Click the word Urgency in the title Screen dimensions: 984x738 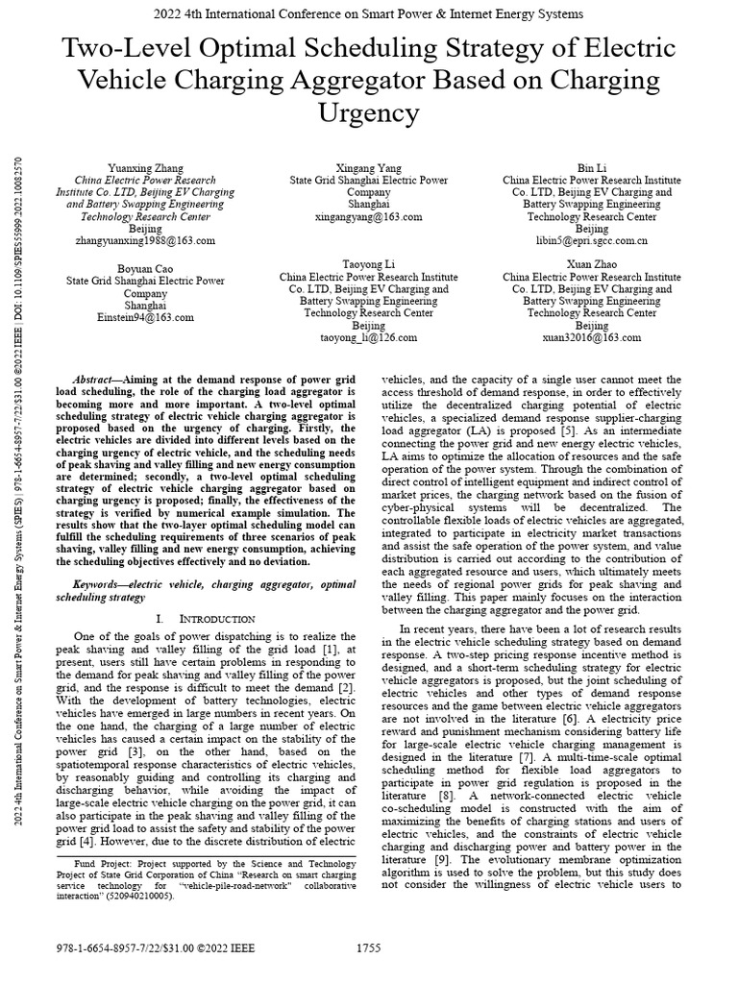click(368, 113)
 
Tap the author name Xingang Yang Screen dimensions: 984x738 click(369, 166)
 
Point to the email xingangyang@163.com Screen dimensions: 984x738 click(369, 217)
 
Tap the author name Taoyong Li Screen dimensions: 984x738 click(369, 263)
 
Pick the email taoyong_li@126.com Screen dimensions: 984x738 click(369, 338)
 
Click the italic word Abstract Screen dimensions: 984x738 click(96, 381)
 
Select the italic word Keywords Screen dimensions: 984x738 click(100, 583)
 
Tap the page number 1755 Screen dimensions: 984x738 click(368, 947)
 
